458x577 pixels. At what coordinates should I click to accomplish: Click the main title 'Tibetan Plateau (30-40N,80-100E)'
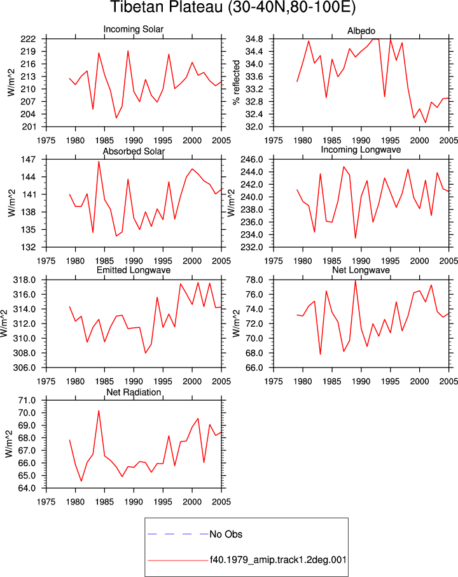pos(233,7)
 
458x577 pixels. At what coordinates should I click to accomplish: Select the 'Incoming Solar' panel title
pos(134,29)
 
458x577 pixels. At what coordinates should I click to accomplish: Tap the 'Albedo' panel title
pos(361,31)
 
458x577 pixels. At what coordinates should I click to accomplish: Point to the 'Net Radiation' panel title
pos(134,392)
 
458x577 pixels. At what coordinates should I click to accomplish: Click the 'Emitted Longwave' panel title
pos(134,270)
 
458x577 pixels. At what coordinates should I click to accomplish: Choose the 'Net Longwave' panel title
pos(361,270)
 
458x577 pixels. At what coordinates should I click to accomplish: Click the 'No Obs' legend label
pos(226,534)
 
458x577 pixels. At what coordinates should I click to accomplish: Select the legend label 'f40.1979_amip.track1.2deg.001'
pos(278,560)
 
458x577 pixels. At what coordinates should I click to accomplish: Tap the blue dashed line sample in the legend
pos(178,534)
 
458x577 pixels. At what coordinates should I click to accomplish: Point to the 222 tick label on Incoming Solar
pos(28,39)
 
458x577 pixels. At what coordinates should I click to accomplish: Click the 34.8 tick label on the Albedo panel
pos(254,39)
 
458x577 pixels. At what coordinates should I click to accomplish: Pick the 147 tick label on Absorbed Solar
pos(28,160)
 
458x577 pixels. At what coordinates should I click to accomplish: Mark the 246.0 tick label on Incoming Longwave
pos(252,160)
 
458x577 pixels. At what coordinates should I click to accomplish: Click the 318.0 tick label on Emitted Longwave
pos(25,280)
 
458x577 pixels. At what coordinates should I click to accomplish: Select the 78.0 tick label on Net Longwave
pos(254,280)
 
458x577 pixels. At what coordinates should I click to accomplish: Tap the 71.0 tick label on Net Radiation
pos(27,401)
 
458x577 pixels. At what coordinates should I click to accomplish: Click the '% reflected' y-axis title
pos(236,82)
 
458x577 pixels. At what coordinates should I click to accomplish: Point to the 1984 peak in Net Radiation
pos(99,411)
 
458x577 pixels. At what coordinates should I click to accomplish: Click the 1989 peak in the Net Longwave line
pos(356,280)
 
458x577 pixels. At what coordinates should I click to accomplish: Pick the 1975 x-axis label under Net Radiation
pos(46,502)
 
